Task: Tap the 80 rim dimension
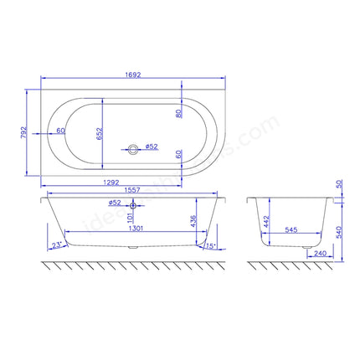(178, 113)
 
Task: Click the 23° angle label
(56, 245)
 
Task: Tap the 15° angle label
(209, 245)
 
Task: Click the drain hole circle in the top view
(132, 148)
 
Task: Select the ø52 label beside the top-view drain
(152, 147)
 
